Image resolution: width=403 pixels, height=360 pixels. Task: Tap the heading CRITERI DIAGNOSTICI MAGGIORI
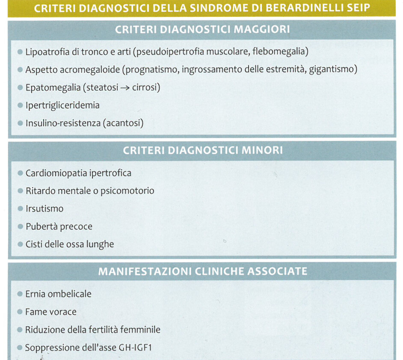[202, 30]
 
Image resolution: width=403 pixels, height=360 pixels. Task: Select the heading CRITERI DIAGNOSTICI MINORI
[202, 150]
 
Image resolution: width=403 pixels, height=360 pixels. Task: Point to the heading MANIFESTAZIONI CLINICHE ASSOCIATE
[203, 271]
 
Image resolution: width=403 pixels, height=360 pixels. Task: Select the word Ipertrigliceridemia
[62, 105]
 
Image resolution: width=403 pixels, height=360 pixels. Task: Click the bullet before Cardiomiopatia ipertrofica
[20, 173]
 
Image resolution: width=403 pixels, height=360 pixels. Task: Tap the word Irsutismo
[44, 209]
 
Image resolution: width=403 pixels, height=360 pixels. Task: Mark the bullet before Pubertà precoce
[20, 227]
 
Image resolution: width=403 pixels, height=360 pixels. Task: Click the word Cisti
[34, 244]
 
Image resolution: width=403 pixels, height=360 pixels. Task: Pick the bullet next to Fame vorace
[20, 312]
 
